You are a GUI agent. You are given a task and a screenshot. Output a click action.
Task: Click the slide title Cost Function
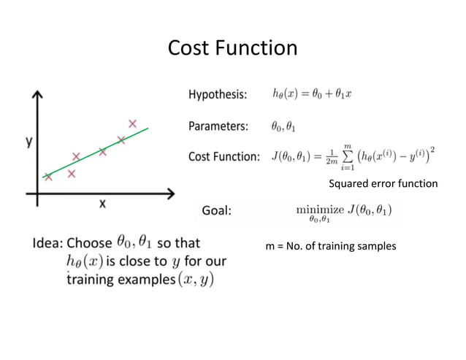[x=232, y=48]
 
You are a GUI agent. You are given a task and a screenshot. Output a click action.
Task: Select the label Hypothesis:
[x=217, y=94]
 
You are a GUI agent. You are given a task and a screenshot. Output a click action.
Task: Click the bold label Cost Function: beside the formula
[x=224, y=156]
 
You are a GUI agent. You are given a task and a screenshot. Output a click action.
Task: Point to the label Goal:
[x=216, y=211]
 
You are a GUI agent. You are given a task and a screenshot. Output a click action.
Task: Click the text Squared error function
[x=383, y=183]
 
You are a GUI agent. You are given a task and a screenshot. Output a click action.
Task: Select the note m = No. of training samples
[x=330, y=246]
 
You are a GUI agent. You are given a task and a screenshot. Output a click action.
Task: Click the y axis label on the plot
[x=28, y=142]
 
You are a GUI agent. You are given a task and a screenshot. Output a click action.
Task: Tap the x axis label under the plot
[x=102, y=205]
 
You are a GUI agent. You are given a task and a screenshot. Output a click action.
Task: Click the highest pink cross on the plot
[x=132, y=123]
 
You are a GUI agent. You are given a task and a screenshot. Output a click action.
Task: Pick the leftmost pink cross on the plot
[x=48, y=176]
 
